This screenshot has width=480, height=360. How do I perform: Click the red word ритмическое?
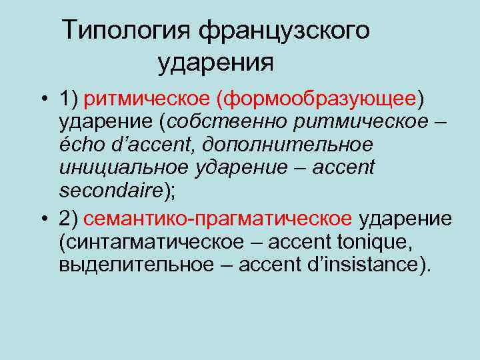click(x=147, y=101)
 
